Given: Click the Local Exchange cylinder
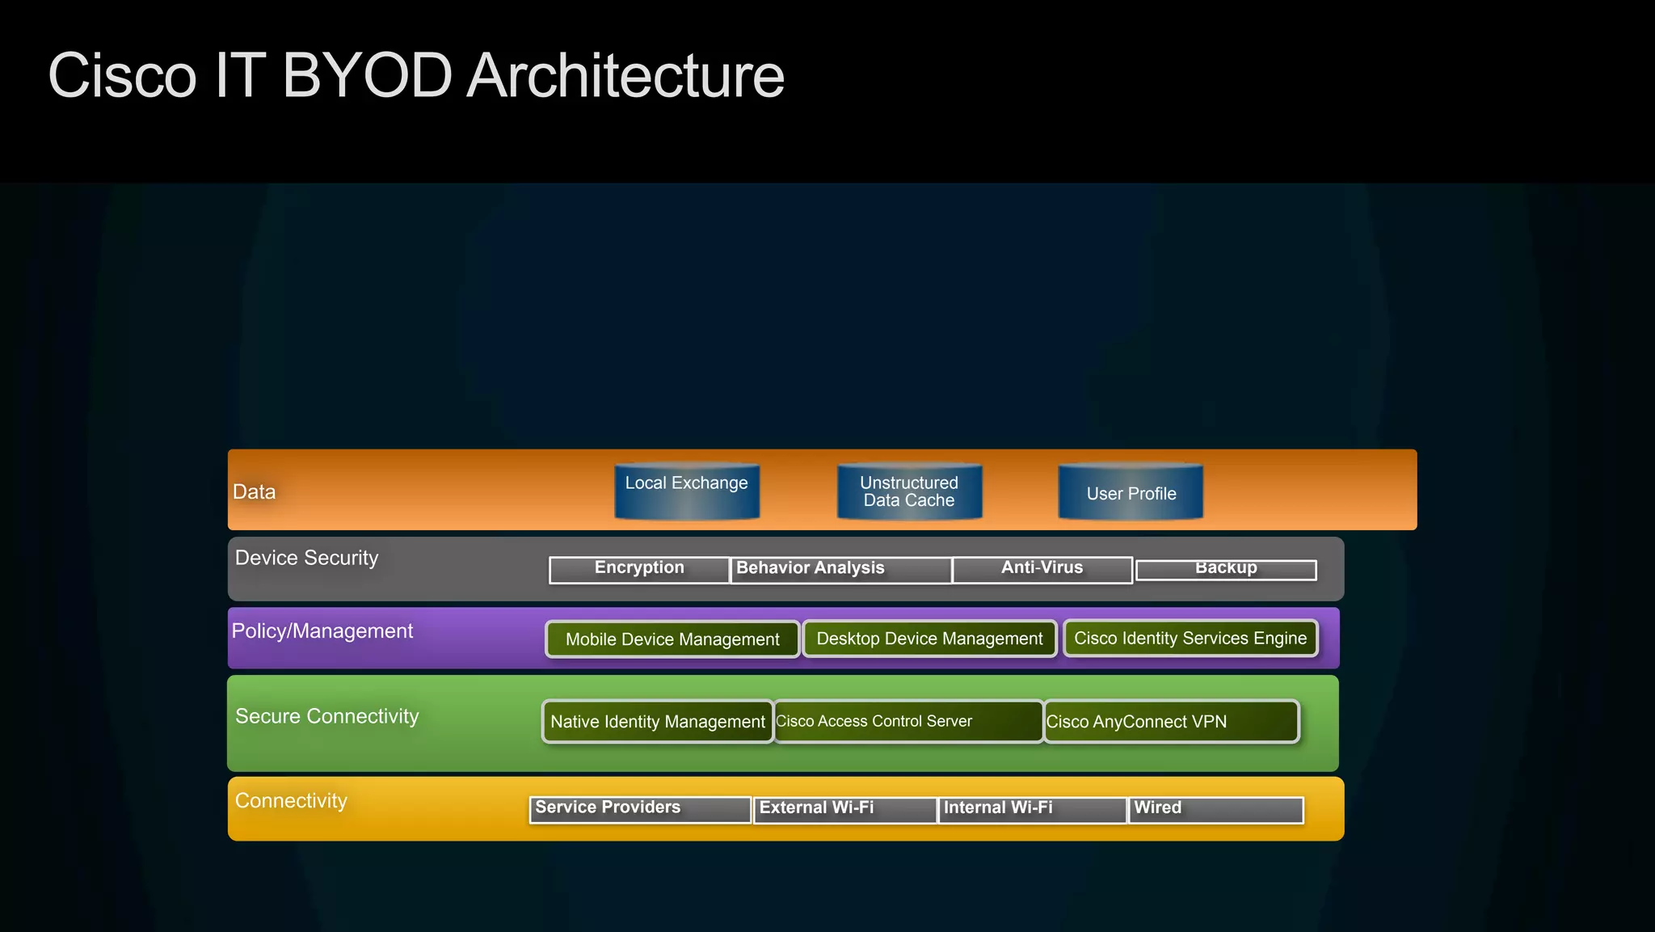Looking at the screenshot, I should [x=687, y=491].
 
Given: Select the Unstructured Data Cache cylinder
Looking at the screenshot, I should [x=909, y=491].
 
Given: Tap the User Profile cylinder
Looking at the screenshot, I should [x=1131, y=491].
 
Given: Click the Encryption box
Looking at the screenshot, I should [x=639, y=569].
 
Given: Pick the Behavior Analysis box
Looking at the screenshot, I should [x=840, y=569].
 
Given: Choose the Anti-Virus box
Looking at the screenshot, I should [x=1042, y=569].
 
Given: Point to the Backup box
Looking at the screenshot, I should [x=1226, y=569].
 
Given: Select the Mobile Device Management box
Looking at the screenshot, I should [x=672, y=639].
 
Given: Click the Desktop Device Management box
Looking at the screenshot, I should [x=929, y=639].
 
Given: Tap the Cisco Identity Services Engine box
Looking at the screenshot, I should [x=1190, y=638].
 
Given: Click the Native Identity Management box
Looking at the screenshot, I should [x=658, y=721].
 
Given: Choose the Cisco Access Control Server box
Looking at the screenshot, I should [x=908, y=721].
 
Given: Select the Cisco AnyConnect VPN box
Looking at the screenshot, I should [x=1172, y=721].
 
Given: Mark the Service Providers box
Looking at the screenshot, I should [x=640, y=809].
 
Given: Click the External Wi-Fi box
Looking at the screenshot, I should [x=845, y=809].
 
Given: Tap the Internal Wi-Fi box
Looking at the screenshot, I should [x=1033, y=809].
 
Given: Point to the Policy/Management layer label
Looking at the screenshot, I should [x=322, y=631].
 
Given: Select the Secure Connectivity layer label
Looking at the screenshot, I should [x=326, y=716].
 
